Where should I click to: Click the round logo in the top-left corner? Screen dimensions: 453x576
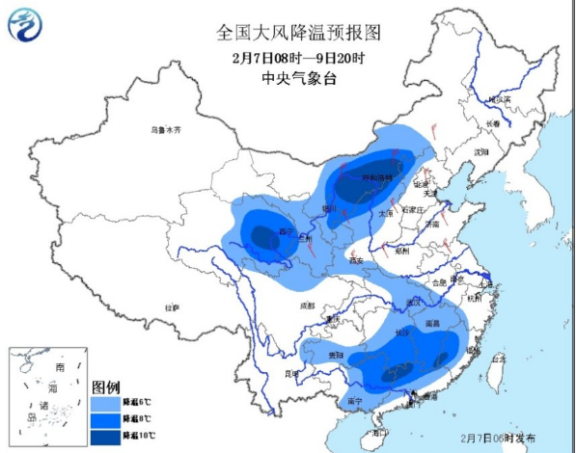click(26, 23)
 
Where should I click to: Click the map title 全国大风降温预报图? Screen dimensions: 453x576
click(298, 32)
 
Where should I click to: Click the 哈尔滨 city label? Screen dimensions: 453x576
click(498, 100)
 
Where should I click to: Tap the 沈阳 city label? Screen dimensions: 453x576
click(481, 152)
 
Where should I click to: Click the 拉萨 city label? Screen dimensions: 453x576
click(172, 306)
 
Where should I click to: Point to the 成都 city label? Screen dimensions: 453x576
click(307, 305)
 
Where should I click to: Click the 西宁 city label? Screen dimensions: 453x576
click(258, 231)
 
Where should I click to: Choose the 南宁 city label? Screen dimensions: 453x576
click(354, 400)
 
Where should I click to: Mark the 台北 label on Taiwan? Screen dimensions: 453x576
click(499, 358)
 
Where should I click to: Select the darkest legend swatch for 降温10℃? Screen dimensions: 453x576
click(106, 437)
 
